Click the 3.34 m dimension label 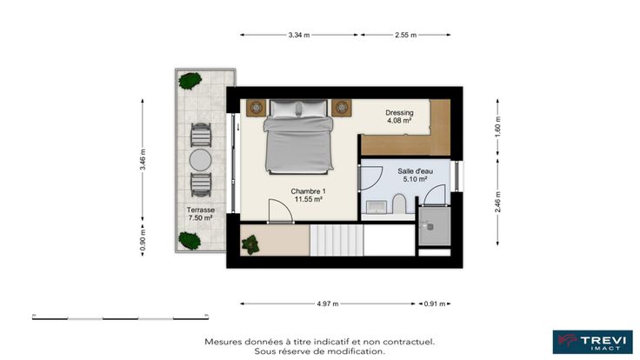tap(299, 35)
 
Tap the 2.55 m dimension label tap(405, 35)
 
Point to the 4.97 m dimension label tap(327, 303)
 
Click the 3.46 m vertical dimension tap(143, 160)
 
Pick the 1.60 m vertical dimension tap(497, 127)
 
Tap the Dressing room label tap(399, 113)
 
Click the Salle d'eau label tap(415, 171)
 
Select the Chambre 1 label tap(308, 191)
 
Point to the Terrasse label tap(200, 210)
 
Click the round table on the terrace tap(200, 160)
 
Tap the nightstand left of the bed tap(256, 108)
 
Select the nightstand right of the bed tap(341, 108)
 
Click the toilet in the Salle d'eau tap(399, 203)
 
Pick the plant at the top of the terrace tap(190, 81)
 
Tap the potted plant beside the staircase tap(250, 244)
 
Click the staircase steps tap(337, 240)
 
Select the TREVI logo tap(593, 342)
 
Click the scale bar tap(120, 317)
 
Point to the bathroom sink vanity tap(377, 207)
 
